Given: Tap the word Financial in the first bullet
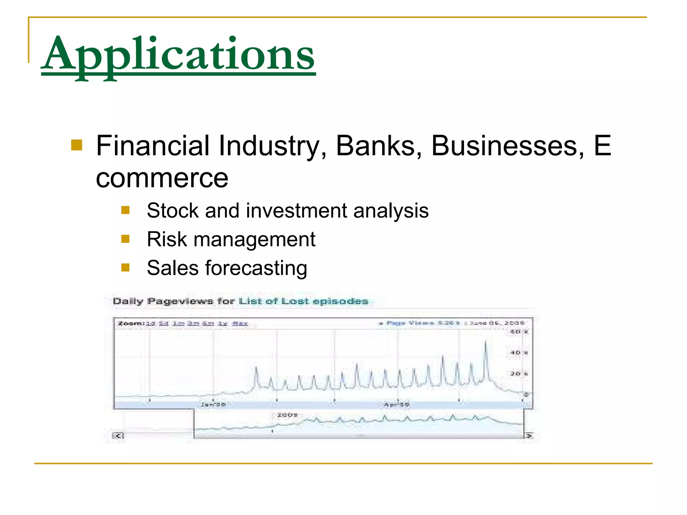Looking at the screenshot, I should point(153,146).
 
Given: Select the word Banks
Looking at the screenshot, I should point(375,146).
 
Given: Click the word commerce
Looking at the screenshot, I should point(162,178).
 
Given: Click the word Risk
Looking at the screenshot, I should point(167,239).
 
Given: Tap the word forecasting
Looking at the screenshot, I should point(256,268).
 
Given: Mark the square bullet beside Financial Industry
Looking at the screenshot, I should point(77,146).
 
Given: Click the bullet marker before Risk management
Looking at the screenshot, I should point(125,239).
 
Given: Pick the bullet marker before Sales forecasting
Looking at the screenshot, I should point(125,268).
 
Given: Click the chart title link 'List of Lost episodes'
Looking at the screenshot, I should point(303,301).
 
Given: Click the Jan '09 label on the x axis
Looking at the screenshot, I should point(213,404).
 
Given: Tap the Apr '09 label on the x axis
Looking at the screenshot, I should point(396,405).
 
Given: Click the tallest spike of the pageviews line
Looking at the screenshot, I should point(485,342).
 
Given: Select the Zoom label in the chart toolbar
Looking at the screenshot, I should point(130,324).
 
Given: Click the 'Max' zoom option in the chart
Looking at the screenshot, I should point(240,324).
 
